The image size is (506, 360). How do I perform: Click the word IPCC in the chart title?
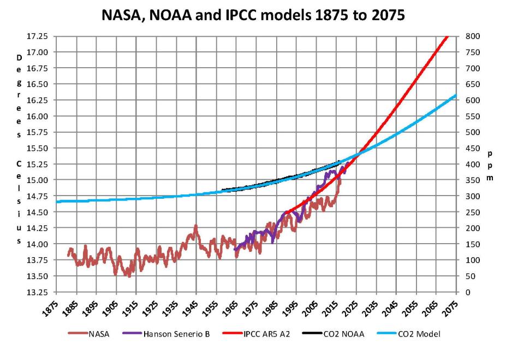247,16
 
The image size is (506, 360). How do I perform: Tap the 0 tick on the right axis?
468,292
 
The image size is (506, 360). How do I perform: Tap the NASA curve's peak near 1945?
195,226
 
